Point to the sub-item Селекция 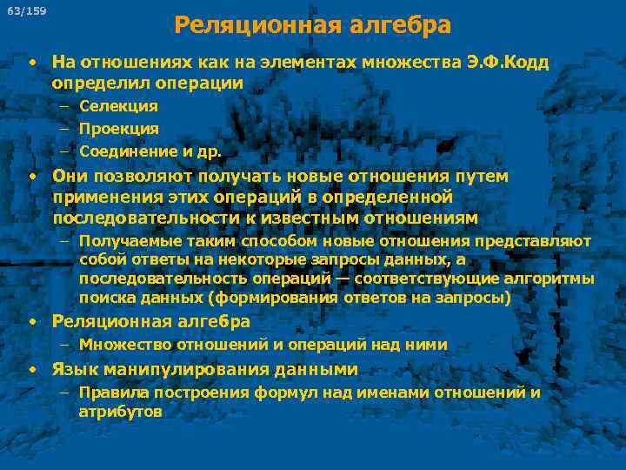[x=118, y=106]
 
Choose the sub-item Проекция [x=118, y=129]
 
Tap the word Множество [x=117, y=345]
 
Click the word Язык [x=73, y=369]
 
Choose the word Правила [x=113, y=393]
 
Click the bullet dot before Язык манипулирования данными [x=31, y=369]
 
